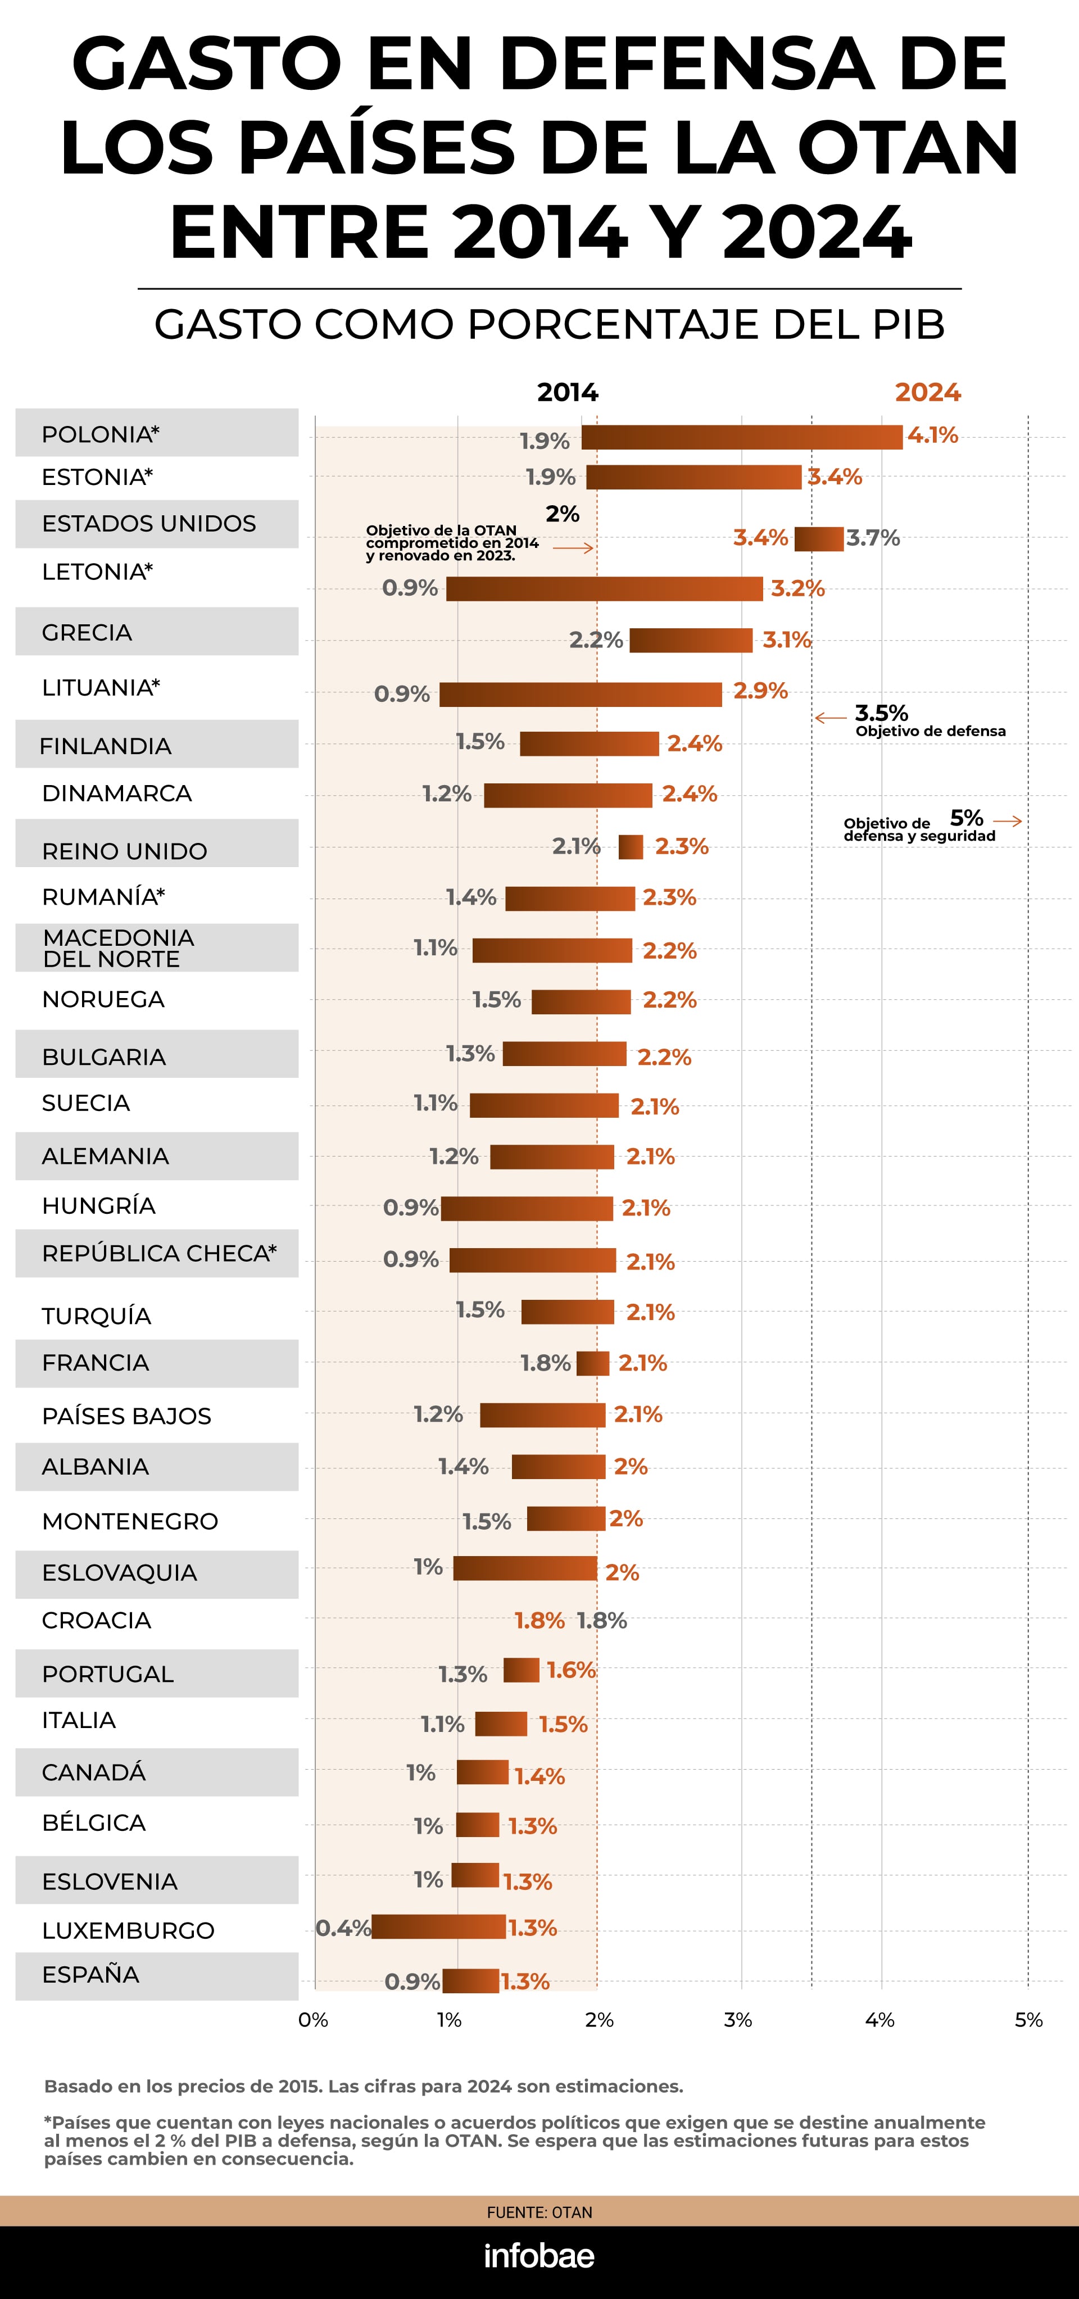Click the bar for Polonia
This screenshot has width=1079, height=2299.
(x=742, y=437)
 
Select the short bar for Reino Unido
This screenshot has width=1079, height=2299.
(x=630, y=847)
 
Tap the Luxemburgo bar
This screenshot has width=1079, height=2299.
(x=438, y=1927)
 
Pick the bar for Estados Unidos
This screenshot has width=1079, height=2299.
(x=818, y=539)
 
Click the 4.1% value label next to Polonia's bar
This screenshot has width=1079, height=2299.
(x=933, y=436)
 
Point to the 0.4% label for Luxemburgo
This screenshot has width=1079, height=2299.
(x=343, y=1928)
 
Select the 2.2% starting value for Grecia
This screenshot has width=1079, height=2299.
(x=595, y=640)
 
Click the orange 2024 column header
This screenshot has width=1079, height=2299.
(x=927, y=393)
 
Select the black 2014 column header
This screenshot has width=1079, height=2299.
(x=568, y=393)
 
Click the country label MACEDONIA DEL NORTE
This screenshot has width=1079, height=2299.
(x=118, y=948)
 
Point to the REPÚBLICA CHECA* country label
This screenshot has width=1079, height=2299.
(x=159, y=1253)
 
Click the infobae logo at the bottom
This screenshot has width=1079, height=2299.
(x=539, y=2255)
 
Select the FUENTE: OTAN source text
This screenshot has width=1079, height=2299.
(x=539, y=2212)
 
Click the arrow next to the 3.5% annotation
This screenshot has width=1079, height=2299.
(x=830, y=718)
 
